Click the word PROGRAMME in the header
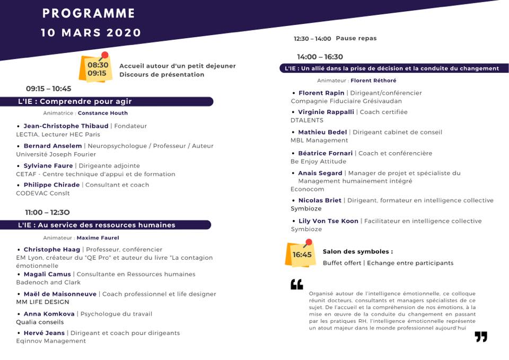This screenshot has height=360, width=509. (x=89, y=13)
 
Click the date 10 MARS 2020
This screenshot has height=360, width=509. (x=91, y=32)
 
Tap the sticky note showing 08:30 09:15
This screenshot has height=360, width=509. (x=96, y=69)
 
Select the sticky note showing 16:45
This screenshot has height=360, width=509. (x=302, y=254)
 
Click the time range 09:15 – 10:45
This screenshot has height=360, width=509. (x=48, y=89)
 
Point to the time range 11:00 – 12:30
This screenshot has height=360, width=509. (x=47, y=212)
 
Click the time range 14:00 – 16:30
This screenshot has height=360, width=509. (x=320, y=57)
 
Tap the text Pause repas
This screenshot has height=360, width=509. (x=356, y=38)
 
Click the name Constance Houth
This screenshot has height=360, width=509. (x=102, y=113)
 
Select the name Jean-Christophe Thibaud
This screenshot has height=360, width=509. (x=66, y=126)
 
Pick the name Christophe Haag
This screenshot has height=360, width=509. (x=52, y=249)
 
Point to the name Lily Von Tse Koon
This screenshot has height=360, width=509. (x=328, y=221)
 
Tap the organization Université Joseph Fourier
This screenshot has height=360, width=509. (x=56, y=154)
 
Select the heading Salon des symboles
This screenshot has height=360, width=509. (x=358, y=252)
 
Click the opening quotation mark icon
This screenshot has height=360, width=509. (x=297, y=285)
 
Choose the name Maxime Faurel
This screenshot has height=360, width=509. (x=98, y=238)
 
